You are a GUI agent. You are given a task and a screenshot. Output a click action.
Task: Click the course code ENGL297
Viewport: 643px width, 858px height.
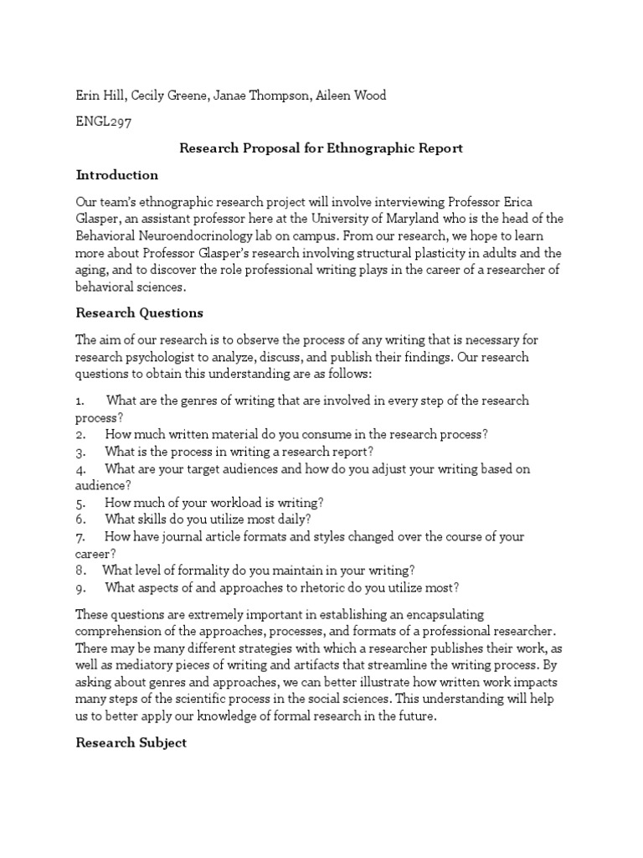[104, 121]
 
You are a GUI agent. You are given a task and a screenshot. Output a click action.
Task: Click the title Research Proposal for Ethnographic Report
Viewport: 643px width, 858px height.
[321, 148]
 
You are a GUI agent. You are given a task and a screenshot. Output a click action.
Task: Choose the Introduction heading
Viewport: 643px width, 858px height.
[117, 175]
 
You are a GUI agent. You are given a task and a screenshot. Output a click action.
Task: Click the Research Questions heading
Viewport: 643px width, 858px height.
[140, 313]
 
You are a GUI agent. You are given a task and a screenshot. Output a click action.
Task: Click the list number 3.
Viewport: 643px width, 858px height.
[80, 452]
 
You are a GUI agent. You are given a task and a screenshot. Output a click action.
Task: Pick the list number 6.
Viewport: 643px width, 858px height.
[80, 519]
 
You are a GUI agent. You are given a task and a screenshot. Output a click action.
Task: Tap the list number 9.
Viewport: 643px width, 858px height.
[80, 587]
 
